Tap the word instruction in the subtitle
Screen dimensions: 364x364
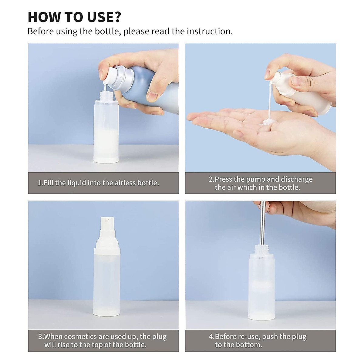[x=209, y=31]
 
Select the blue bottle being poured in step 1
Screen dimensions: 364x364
[x=143, y=85]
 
